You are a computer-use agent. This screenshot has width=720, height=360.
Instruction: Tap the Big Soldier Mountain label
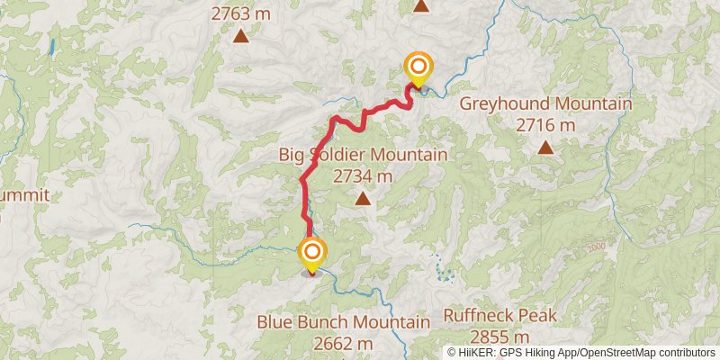pos(363,156)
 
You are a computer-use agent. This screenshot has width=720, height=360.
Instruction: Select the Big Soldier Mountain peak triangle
pos(363,198)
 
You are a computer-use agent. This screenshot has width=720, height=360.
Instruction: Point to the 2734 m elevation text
pos(363,176)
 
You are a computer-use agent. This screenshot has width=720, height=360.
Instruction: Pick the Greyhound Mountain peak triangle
pos(545,147)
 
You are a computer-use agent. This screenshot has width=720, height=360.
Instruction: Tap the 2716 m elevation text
pos(545,125)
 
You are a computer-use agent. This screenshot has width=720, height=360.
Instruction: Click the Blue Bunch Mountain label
pos(344,321)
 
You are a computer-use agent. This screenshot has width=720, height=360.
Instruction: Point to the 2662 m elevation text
pos(344,342)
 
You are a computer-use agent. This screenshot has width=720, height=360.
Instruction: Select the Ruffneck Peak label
pos(500,316)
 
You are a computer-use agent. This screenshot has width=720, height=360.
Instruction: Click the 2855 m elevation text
pos(500,337)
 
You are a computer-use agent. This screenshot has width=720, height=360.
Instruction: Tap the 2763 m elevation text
pos(241,13)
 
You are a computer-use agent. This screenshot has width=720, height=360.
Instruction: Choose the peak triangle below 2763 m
pos(241,36)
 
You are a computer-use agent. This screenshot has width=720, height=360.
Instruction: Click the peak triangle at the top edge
pos(421,5)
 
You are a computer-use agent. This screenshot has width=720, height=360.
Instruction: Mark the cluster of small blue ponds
pos(440,268)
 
